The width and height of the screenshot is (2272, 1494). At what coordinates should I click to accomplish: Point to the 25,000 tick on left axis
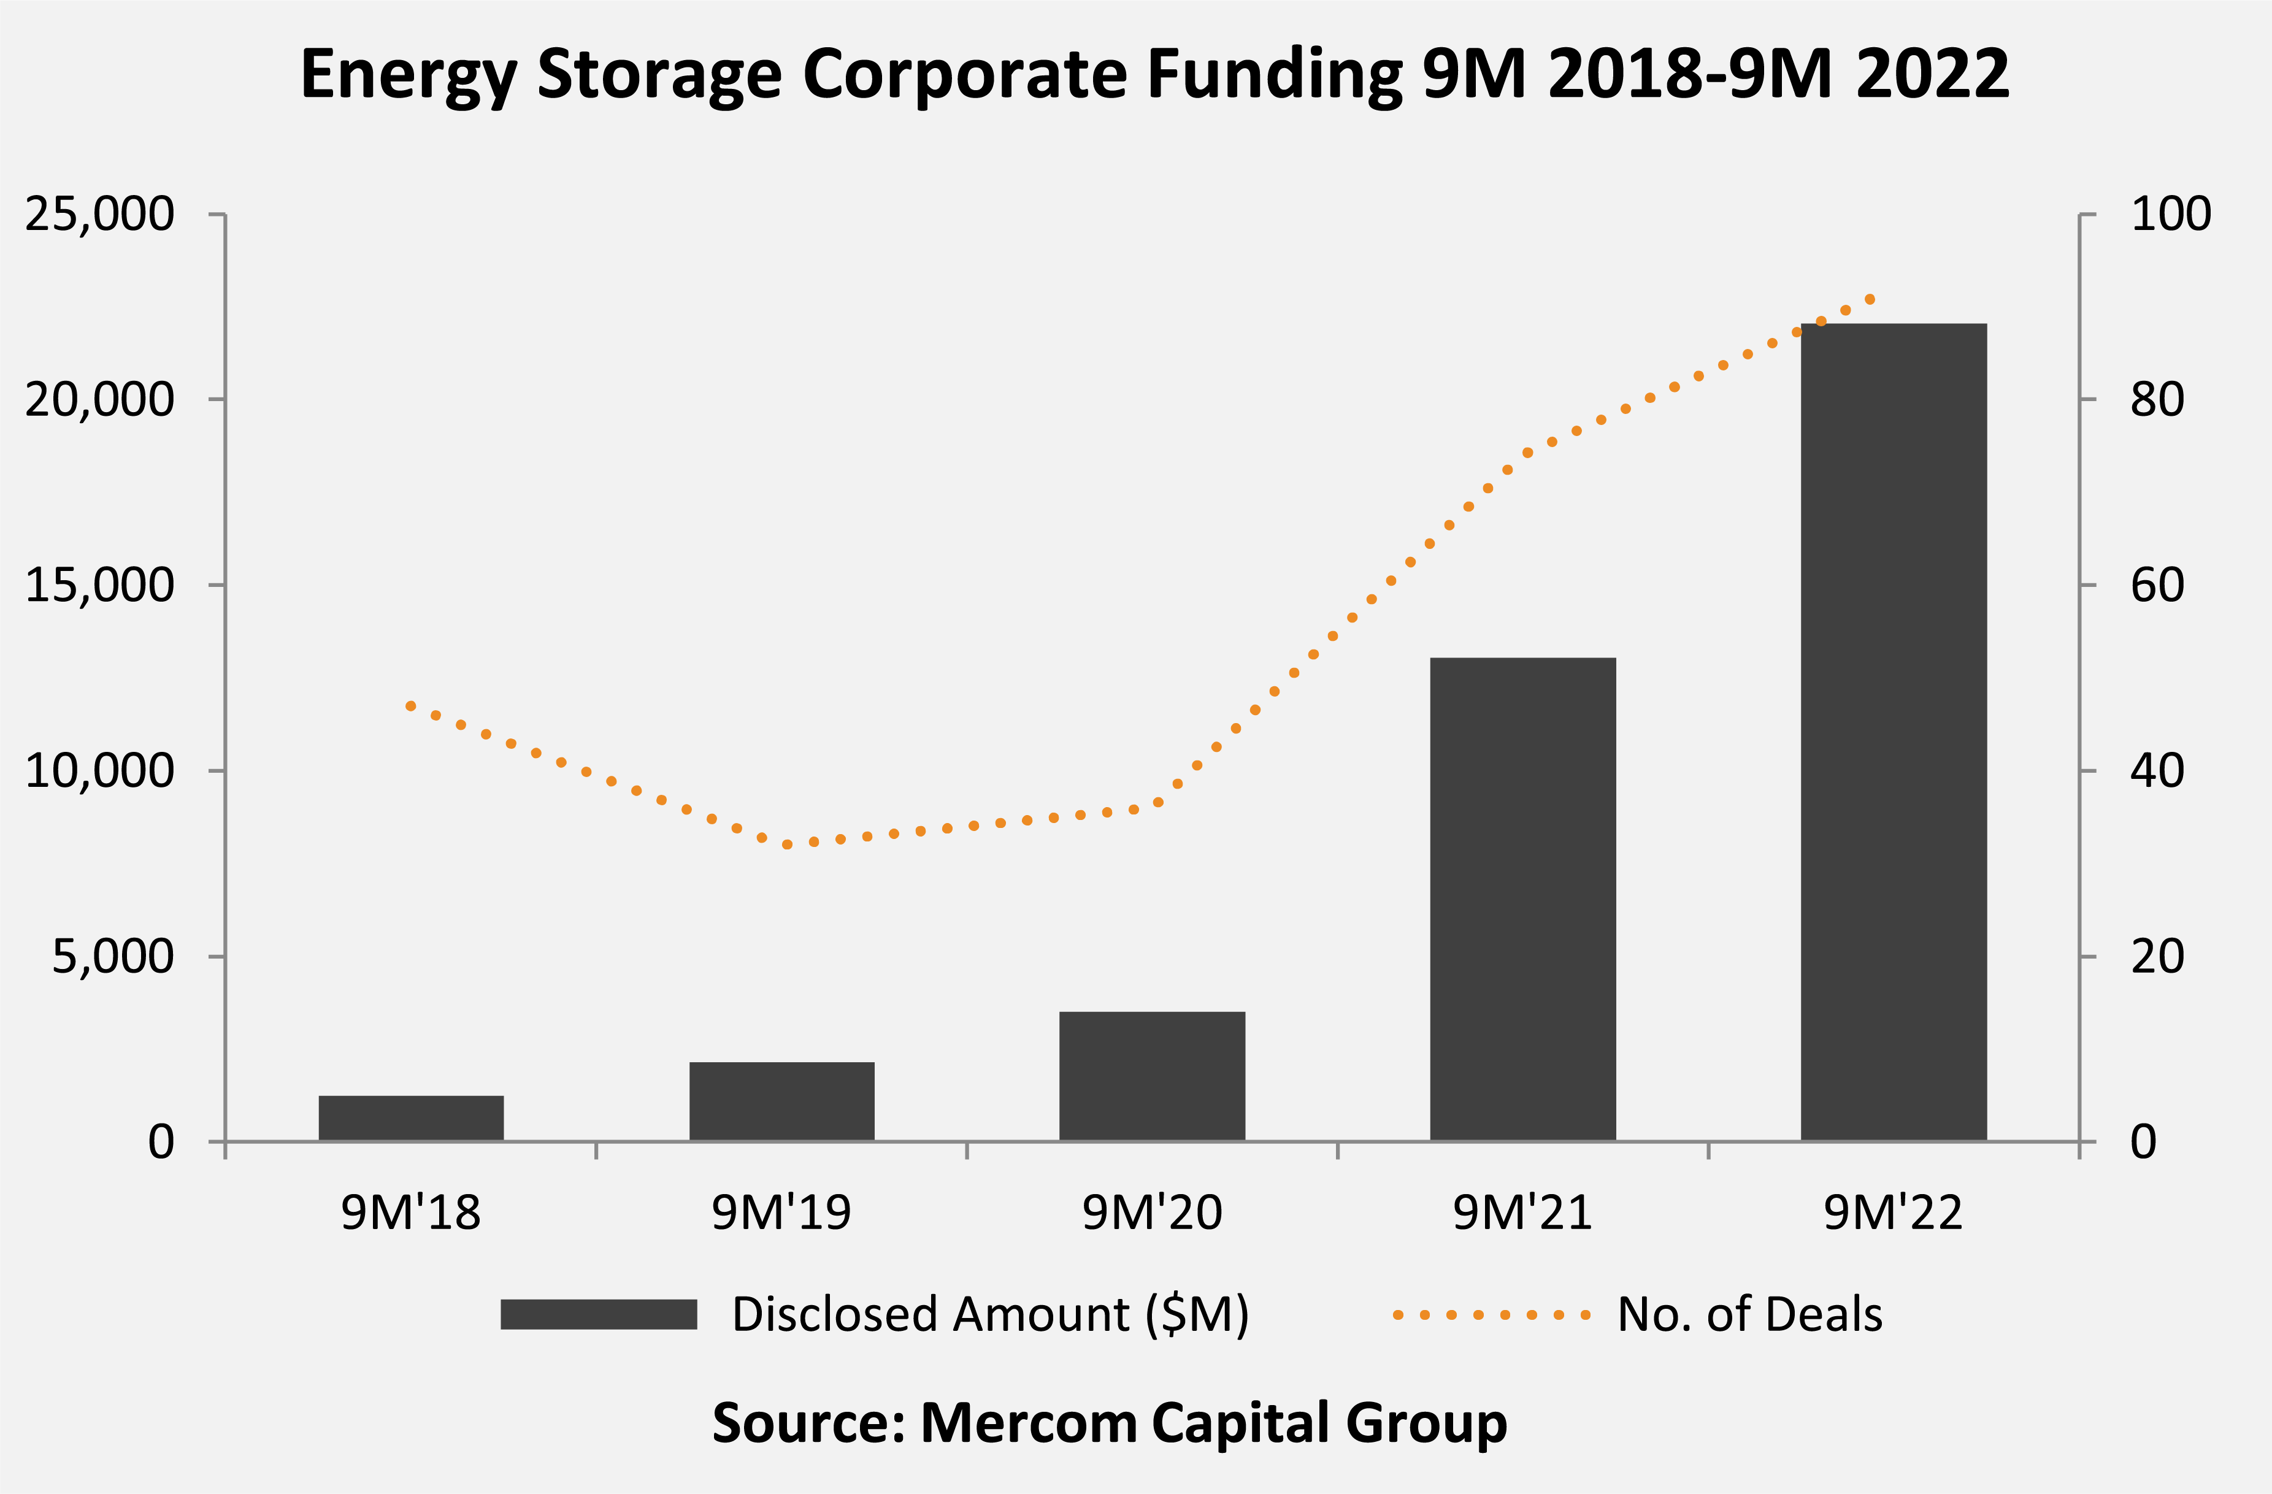(100, 214)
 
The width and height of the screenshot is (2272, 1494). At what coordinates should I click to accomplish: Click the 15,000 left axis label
(100, 585)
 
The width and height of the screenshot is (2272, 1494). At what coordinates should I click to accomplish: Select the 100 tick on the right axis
(2170, 214)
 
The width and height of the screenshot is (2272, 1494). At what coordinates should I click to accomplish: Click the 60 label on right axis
(2157, 585)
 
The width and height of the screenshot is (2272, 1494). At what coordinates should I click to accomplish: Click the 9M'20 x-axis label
(1152, 1212)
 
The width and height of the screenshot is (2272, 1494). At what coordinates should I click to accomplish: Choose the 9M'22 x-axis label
(1893, 1212)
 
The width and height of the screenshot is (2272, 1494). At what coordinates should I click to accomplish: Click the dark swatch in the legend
(599, 1314)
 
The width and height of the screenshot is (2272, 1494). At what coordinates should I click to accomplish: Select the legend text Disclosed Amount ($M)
(990, 1314)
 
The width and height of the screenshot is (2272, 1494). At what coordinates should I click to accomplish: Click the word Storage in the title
(659, 74)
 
